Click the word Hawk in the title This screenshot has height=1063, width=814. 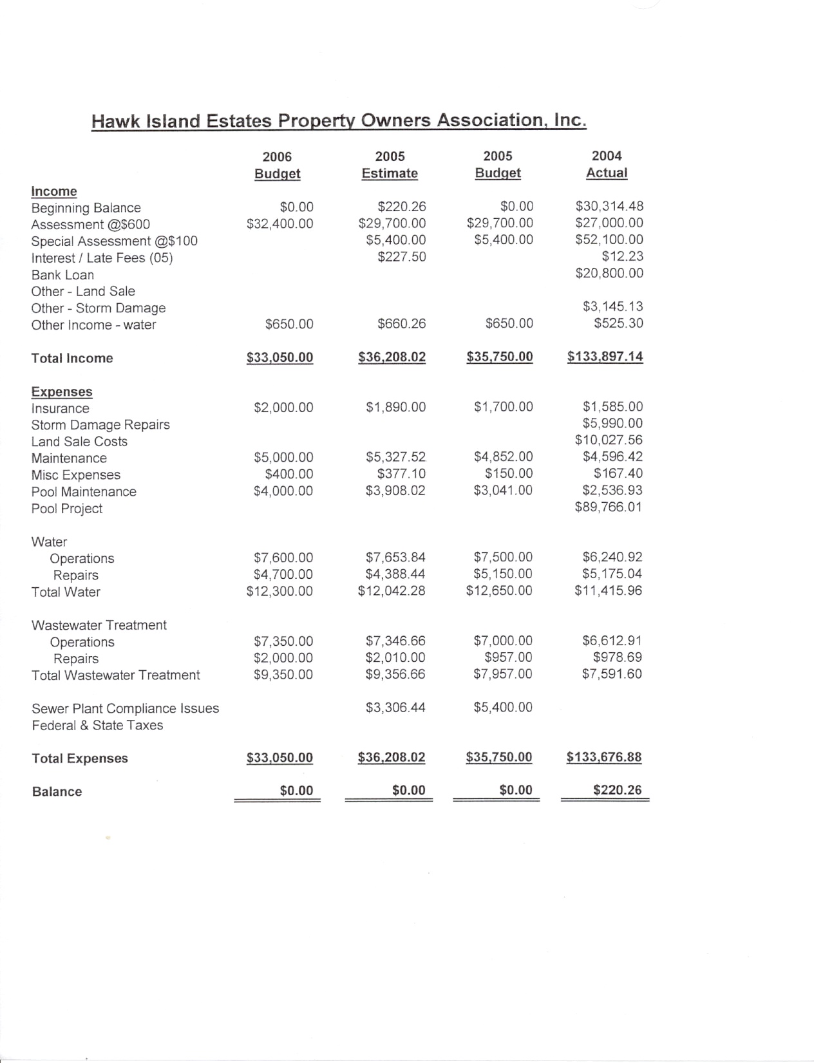113,121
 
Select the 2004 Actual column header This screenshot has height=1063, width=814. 607,164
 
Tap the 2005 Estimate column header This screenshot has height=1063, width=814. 390,165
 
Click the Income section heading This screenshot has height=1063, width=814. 54,191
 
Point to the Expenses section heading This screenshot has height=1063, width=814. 62,391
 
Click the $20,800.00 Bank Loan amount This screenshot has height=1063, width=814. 609,273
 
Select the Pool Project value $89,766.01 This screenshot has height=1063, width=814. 609,507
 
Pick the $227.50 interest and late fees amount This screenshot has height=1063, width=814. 402,257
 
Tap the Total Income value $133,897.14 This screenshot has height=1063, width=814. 605,357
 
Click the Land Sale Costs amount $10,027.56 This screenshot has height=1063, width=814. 609,440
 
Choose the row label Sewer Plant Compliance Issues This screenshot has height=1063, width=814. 126,708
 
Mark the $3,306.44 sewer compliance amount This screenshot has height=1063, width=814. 395,708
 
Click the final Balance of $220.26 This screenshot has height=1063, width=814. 617,790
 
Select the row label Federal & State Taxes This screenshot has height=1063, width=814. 97,725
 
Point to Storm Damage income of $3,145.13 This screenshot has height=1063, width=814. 612,306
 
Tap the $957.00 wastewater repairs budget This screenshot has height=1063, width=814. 508,657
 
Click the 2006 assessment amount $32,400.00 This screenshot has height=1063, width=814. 280,223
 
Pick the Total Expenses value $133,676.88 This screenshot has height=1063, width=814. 604,757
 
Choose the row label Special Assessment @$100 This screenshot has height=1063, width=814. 115,241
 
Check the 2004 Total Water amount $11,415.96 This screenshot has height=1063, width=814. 608,590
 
